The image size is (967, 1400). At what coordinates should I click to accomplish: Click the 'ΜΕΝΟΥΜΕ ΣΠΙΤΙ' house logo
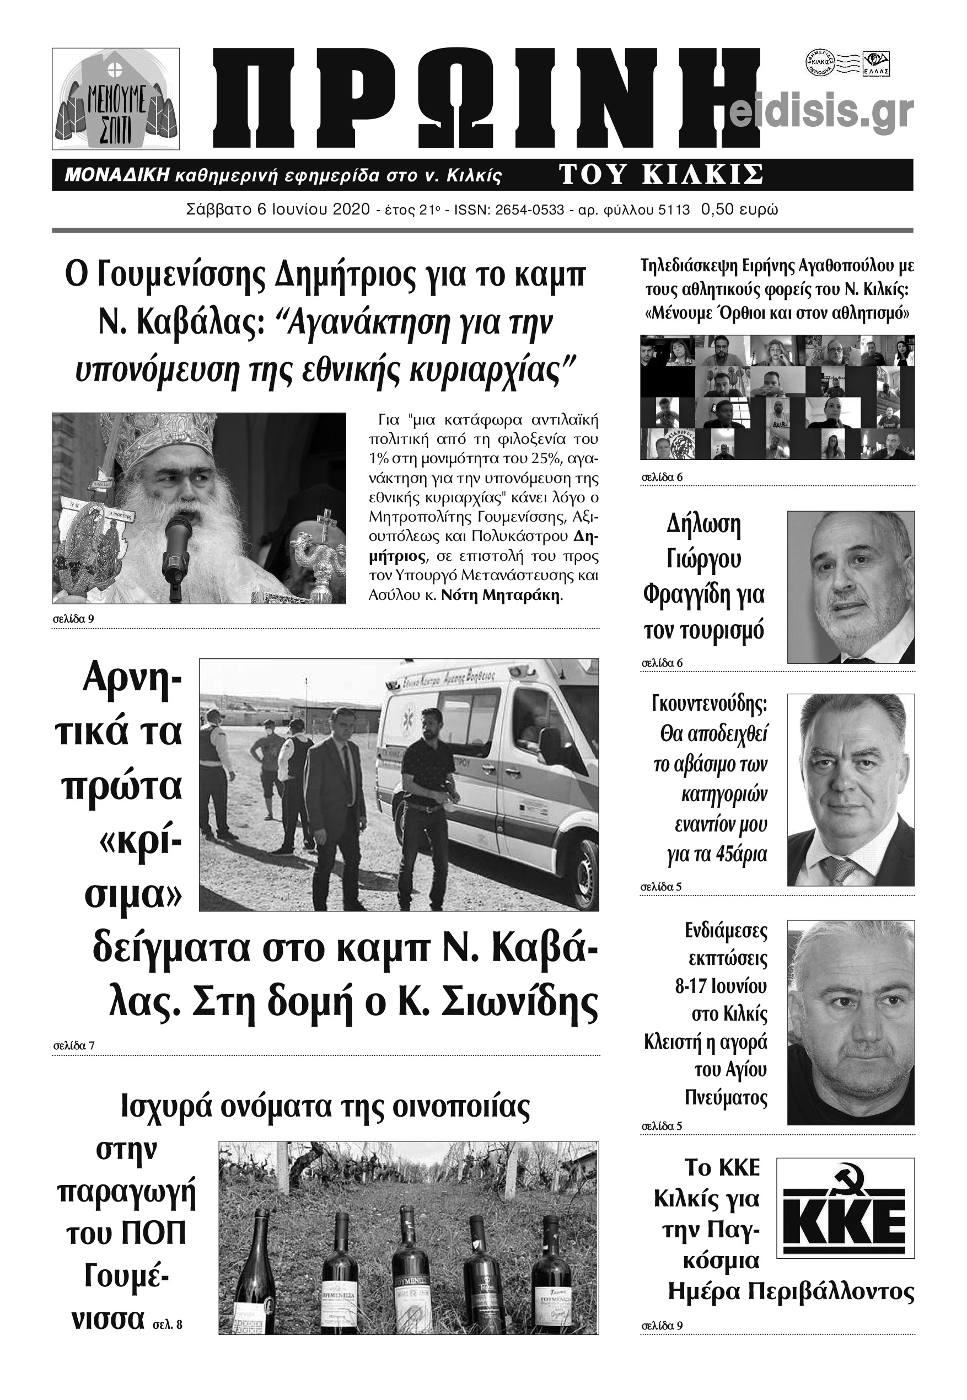tap(116, 99)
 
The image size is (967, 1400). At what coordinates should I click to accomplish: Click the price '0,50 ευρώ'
tap(739, 210)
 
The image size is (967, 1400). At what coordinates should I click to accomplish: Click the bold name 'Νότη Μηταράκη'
tap(501, 594)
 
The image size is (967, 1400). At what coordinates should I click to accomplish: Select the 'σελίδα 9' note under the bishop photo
tap(73, 619)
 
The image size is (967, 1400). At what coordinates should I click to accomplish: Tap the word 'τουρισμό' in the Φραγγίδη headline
tap(703, 631)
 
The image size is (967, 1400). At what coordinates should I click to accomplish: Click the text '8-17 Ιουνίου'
tap(721, 987)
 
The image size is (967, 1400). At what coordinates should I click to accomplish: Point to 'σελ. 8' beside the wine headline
tap(167, 1324)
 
